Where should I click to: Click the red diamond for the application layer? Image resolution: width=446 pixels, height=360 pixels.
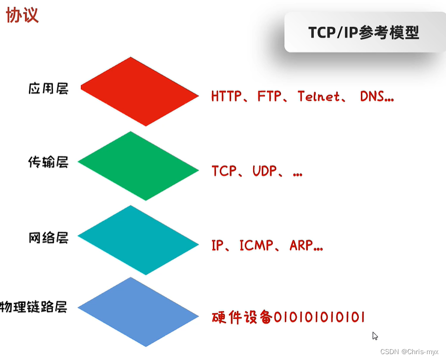point(140,91)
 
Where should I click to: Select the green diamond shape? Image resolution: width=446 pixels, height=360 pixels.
point(139,166)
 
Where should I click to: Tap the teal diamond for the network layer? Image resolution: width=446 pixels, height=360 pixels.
point(139,240)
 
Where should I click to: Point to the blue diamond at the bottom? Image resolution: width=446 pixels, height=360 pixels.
point(139,312)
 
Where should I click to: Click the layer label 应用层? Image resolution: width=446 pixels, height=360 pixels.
point(48,89)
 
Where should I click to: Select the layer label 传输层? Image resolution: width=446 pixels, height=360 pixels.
point(48,162)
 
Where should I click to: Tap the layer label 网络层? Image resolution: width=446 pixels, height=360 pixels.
point(48,238)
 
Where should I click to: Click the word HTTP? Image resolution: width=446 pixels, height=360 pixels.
point(227,96)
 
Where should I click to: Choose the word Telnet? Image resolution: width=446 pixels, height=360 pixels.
point(319,96)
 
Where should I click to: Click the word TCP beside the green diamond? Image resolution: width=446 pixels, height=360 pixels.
point(224,171)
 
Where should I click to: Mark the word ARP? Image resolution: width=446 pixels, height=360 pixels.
point(300,246)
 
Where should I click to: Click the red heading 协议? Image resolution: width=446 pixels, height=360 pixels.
point(22,15)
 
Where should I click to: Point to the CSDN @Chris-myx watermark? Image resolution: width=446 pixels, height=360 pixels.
point(409,351)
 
